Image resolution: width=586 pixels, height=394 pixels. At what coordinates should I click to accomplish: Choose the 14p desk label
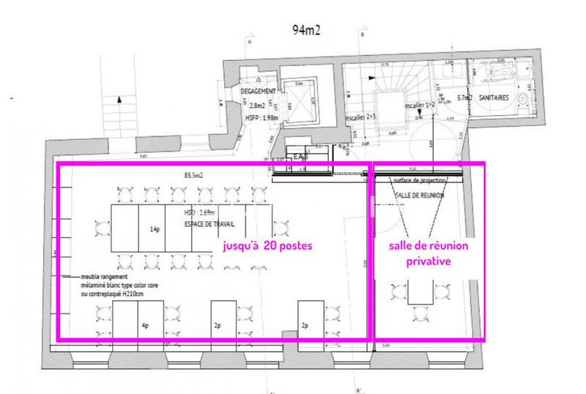155,230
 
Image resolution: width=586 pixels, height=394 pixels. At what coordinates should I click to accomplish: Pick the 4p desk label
145,324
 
